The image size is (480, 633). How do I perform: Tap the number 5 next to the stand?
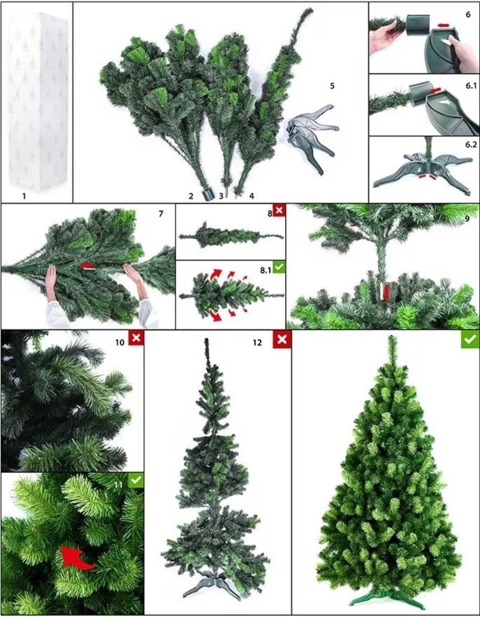click(332, 86)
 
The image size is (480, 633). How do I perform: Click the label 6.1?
click(471, 86)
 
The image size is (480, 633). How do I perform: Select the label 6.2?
click(471, 145)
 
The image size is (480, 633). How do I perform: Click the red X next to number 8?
click(279, 210)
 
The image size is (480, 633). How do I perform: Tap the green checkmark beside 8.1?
click(279, 268)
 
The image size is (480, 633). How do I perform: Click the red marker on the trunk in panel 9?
click(386, 292)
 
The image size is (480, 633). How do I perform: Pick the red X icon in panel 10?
click(136, 338)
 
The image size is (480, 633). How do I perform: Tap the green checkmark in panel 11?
click(136, 480)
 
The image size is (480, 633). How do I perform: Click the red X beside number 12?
click(282, 339)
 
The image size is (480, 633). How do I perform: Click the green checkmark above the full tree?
click(470, 339)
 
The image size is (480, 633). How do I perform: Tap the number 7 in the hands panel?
click(161, 214)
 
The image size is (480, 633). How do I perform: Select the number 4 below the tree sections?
click(252, 196)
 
